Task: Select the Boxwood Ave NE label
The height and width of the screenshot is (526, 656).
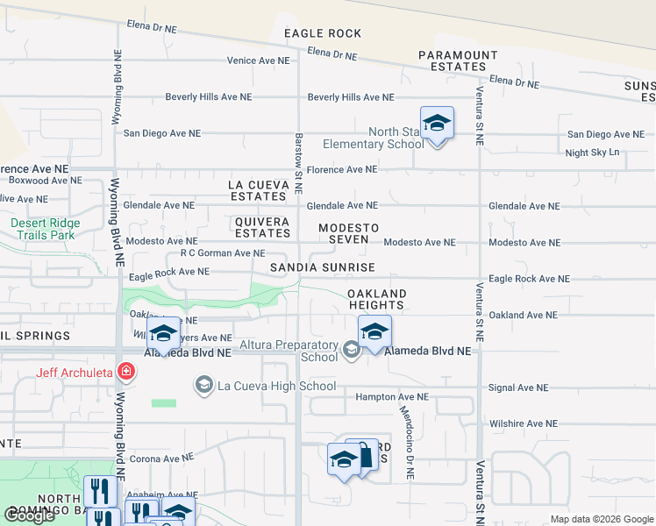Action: (45, 180)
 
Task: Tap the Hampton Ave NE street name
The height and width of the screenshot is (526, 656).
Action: (392, 397)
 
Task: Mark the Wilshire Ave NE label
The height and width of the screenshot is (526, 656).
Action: (523, 423)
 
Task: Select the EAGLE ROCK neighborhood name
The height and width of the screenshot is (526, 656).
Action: (323, 33)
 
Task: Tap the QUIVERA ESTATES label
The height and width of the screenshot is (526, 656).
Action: (262, 228)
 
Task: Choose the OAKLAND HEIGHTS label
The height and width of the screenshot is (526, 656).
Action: (376, 300)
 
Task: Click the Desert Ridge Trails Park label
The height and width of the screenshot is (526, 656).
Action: (45, 230)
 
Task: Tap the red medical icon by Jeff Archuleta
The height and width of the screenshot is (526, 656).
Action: (128, 372)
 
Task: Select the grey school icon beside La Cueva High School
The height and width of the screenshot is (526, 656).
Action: (204, 386)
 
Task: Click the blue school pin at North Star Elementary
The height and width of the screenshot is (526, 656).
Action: (437, 124)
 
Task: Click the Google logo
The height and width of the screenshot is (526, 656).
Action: (30, 515)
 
